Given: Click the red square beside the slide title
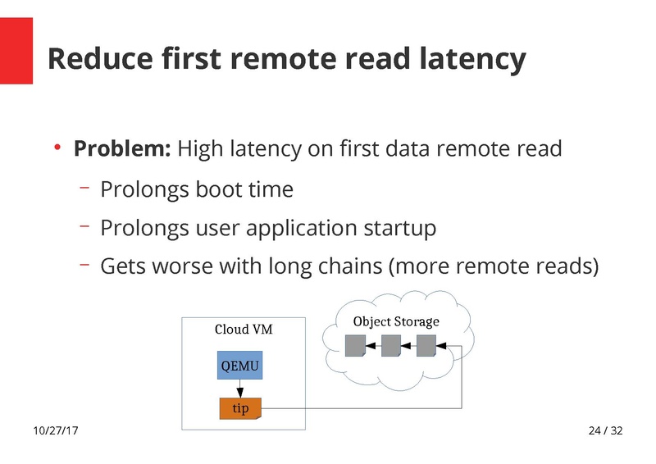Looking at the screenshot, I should pyautogui.click(x=16, y=51).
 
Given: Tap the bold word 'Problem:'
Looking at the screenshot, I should pyautogui.click(x=122, y=149).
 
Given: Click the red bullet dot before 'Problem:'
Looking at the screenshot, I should pyautogui.click(x=57, y=148).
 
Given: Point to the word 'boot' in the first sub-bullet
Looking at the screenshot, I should pyautogui.click(x=218, y=189).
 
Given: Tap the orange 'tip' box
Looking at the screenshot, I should pyautogui.click(x=240, y=408).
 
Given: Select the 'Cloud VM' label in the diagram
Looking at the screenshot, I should pyautogui.click(x=244, y=330).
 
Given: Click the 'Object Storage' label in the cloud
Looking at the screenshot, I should pyautogui.click(x=396, y=321).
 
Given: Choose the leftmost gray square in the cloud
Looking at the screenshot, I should pyautogui.click(x=354, y=347).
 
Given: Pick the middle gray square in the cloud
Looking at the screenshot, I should pyautogui.click(x=390, y=347).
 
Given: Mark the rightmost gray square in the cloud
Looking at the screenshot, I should pyautogui.click(x=426, y=347).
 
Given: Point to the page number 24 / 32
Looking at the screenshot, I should pyautogui.click(x=605, y=431).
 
